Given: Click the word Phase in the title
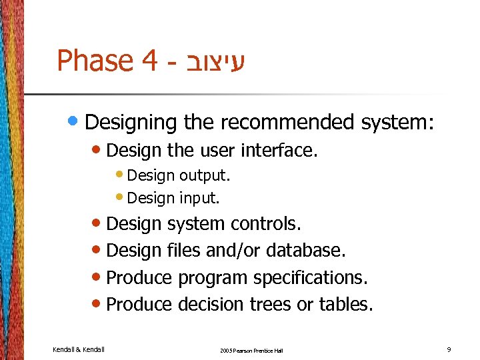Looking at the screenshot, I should tap(95, 61).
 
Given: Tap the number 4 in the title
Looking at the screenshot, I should tap(149, 61).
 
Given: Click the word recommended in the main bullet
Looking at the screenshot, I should tap(288, 123).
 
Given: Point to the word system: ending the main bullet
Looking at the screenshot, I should tap(398, 123).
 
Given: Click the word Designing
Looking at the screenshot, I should tap(131, 123).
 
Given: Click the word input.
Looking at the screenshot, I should tap(198, 198).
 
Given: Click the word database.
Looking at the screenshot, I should tap(306, 251).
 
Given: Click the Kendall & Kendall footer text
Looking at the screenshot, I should tap(78, 349).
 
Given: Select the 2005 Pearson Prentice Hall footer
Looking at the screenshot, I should tap(251, 350).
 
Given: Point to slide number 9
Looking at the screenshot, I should tap(449, 349).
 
